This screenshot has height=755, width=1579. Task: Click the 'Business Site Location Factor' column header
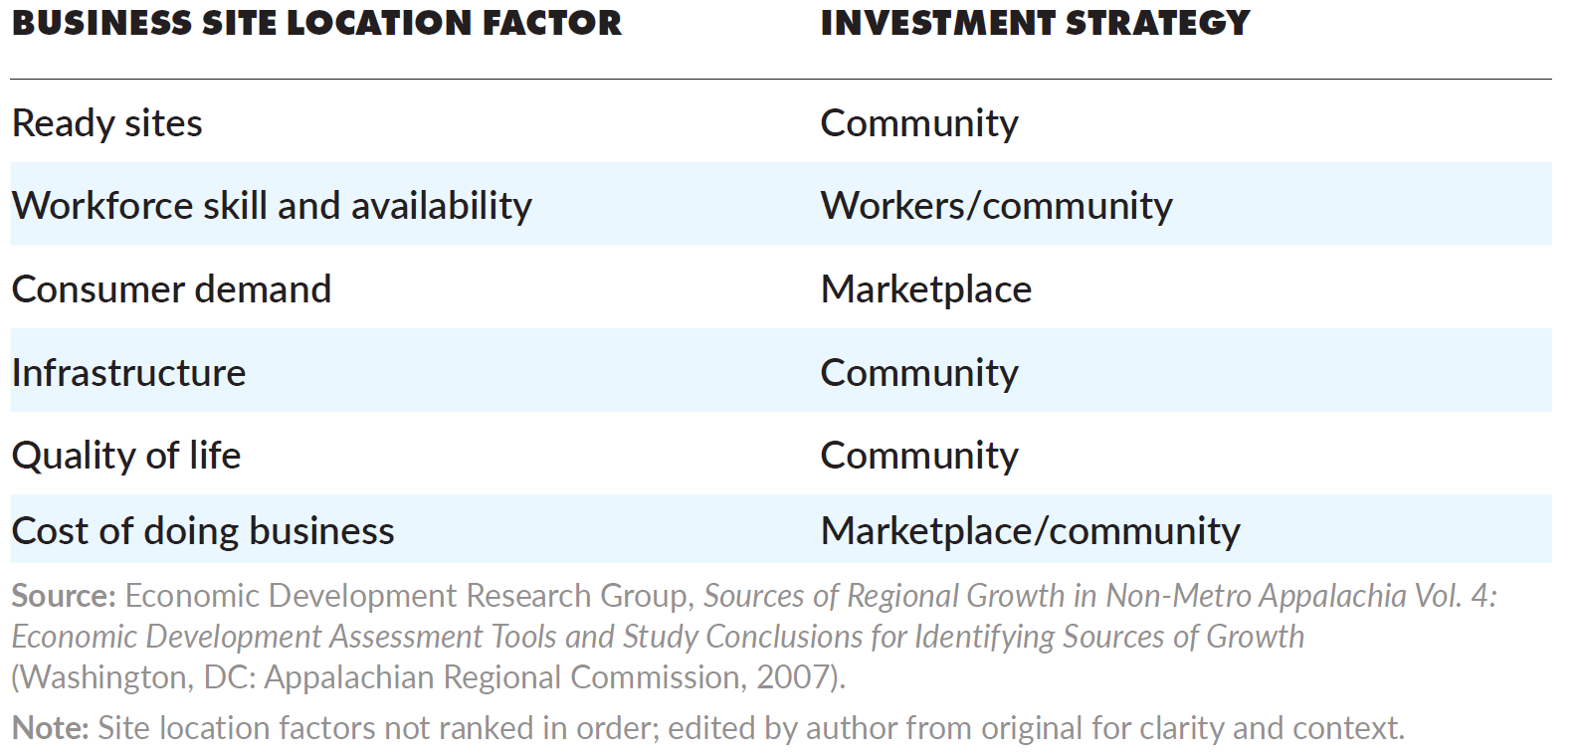[x=316, y=23]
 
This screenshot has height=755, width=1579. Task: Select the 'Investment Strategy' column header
[x=1035, y=23]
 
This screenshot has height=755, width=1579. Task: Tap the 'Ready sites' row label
[x=107, y=123]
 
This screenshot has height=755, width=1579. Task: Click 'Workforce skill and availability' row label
[x=272, y=206]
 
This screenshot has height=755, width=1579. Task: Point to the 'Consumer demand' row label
[x=171, y=289]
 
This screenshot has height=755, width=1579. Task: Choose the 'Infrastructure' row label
[x=128, y=373]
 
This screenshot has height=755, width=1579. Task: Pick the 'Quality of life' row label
[x=126, y=456]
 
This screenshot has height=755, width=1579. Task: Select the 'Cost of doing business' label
[x=203, y=531]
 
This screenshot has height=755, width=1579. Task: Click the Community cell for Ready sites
[x=919, y=123]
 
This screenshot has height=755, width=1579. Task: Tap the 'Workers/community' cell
[x=996, y=206]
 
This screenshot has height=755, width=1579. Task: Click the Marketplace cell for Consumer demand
[x=925, y=289]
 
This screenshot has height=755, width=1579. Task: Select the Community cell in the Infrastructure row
[x=919, y=373]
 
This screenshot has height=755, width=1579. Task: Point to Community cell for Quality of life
[x=919, y=456]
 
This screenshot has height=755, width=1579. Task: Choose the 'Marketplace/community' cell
[x=1030, y=531]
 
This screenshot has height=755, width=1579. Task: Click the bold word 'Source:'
[x=64, y=596]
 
